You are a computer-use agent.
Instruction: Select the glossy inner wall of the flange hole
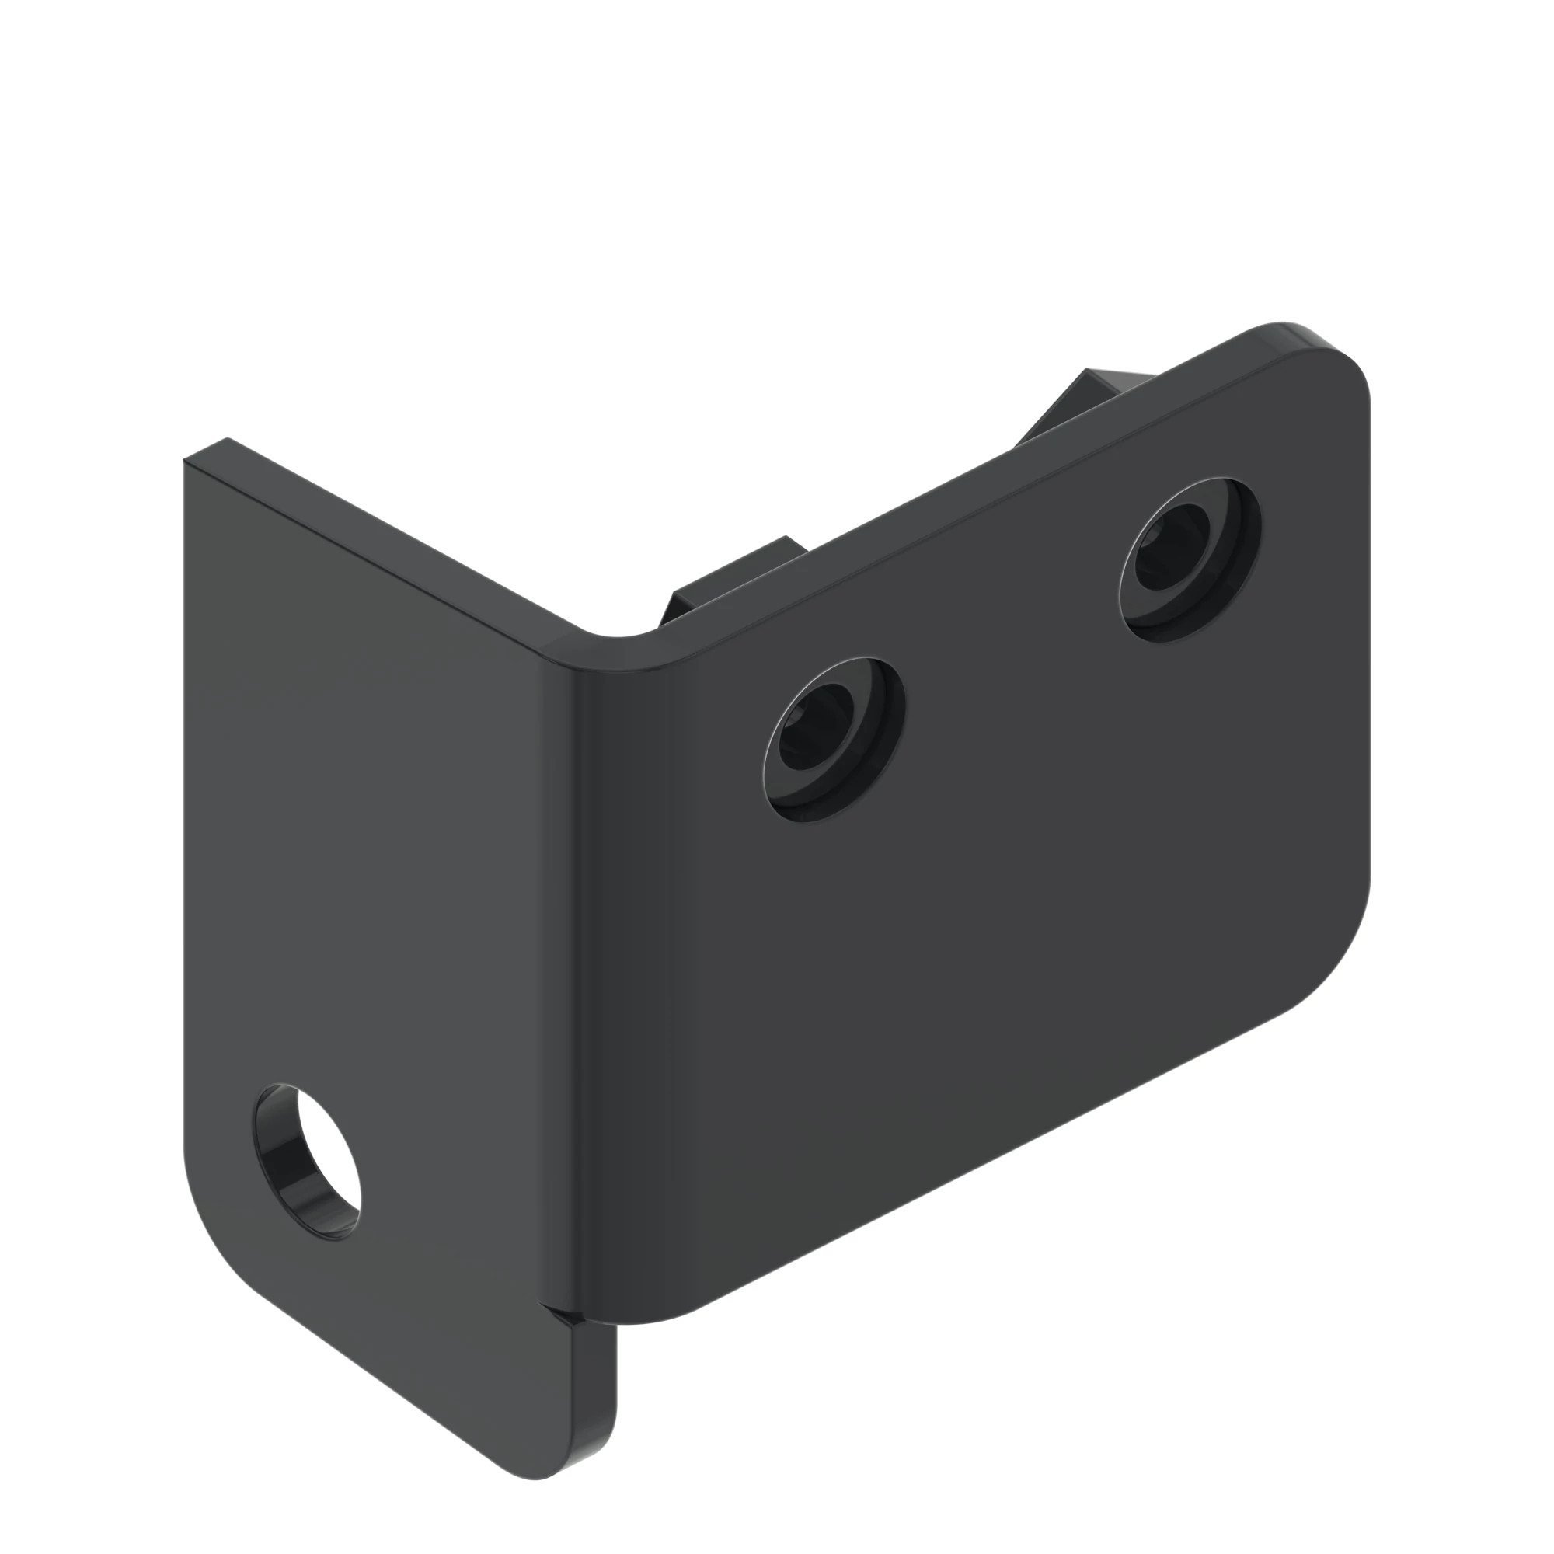[281, 1170]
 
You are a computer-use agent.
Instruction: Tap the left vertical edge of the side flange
[185, 804]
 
